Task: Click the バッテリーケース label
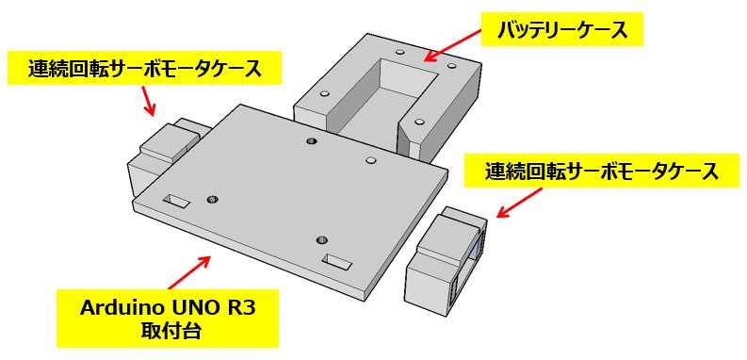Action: coord(562,30)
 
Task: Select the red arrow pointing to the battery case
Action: coord(451,44)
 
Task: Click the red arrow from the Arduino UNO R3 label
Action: coord(189,272)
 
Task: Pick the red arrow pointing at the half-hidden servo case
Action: coord(150,101)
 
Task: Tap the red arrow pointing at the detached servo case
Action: coord(520,203)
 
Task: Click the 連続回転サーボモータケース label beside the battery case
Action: coord(145,69)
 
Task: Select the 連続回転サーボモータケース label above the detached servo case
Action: coord(601,171)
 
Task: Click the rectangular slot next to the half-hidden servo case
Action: coord(176,201)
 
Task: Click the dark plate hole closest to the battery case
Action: coord(312,140)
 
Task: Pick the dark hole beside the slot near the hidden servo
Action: coord(213,199)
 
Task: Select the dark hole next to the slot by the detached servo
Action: coord(322,239)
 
